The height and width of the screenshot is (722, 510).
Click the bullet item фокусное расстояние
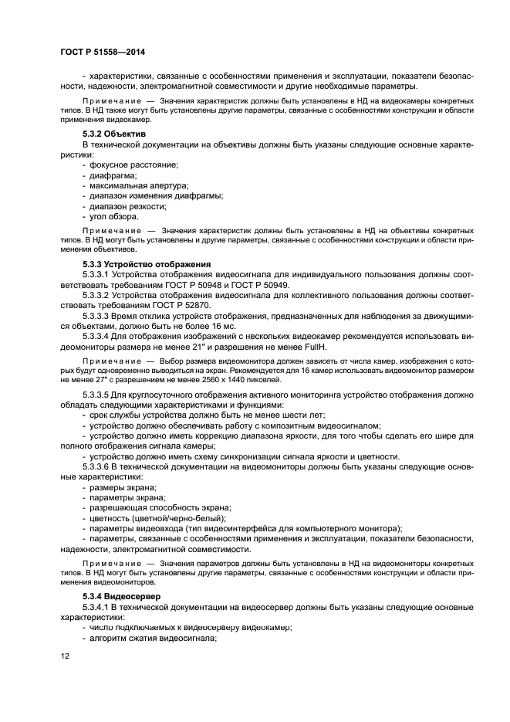pos(133,165)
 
